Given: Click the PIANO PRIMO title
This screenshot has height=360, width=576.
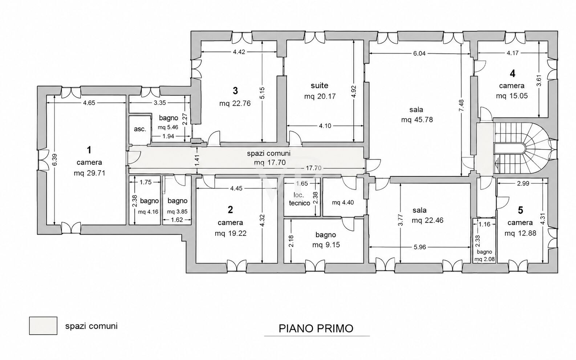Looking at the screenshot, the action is tap(316, 329).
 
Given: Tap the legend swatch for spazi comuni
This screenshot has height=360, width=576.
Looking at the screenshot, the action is tap(43, 326).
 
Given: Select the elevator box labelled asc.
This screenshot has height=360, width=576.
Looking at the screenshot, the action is tap(139, 130).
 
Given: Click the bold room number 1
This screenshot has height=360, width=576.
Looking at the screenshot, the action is tap(89, 150).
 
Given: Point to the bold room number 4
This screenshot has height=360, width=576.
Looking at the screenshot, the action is tap(512, 74).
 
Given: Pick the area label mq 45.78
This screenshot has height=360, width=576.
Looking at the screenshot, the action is tap(417, 120).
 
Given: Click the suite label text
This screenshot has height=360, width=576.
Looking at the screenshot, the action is tap(319, 85).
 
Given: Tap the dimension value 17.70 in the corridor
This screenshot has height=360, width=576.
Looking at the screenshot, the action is tap(313, 168).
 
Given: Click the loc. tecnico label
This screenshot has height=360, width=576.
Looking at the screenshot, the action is tap(299, 199).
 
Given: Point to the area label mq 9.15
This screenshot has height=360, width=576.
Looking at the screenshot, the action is tap(326, 245).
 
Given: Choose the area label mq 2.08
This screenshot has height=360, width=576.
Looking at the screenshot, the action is tap(484, 259).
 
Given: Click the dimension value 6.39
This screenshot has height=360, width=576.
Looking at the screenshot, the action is tap(54, 160).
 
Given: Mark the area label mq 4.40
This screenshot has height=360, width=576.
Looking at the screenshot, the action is tap(343, 202).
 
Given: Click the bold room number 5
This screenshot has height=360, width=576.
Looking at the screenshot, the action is tap(520, 210).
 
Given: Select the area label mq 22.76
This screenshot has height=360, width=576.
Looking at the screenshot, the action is tap(235, 103).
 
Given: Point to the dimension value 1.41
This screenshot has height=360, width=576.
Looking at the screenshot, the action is tap(197, 161).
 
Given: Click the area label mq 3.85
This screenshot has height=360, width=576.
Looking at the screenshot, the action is tap(177, 212).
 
